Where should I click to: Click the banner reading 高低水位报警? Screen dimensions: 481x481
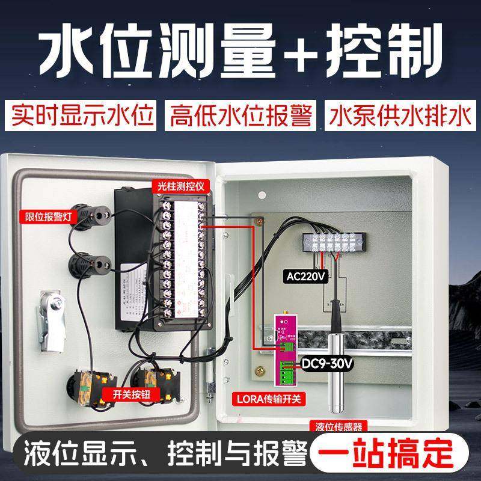pos(241,114)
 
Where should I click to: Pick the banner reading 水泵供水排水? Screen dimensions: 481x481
pos(397,114)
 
